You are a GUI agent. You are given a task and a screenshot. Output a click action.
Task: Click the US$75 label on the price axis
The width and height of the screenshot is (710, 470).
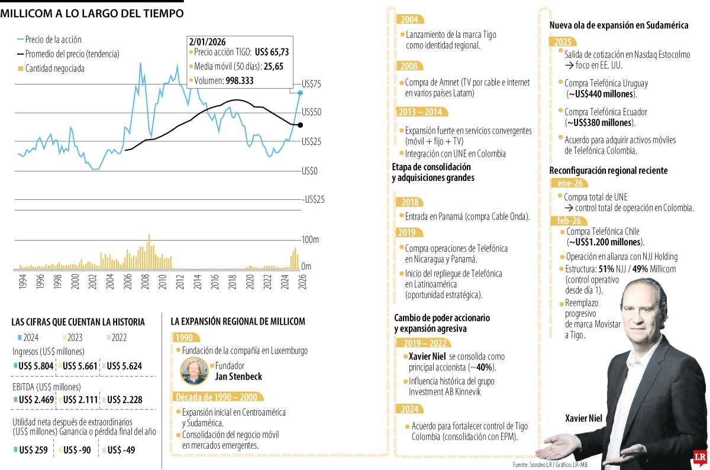[311, 84]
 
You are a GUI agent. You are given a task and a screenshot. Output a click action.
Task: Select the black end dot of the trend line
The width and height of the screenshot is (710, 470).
[300, 125]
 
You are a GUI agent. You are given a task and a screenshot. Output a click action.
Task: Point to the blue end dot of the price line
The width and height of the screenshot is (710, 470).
[300, 93]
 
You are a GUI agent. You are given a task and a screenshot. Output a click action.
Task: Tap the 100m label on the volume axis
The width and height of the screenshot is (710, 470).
[310, 240]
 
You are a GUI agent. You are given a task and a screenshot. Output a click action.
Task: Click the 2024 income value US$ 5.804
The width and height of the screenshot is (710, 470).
[36, 366]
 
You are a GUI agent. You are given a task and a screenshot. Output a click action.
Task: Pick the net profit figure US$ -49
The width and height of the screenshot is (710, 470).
[121, 450]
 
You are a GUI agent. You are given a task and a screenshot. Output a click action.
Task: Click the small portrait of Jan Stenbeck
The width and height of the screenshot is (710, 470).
[194, 371]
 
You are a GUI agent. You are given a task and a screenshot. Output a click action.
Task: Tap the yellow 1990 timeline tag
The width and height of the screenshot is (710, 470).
[183, 338]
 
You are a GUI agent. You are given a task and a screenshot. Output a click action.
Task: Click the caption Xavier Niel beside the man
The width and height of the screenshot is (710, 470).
[583, 419]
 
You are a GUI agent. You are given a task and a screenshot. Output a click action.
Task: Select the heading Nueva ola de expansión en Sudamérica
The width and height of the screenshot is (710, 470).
[618, 25]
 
